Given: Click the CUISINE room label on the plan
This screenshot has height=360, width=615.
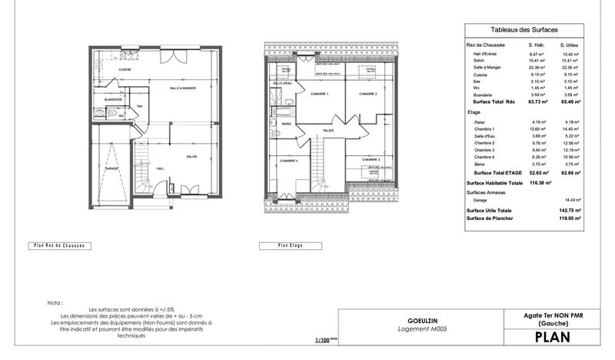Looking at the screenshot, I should (x=124, y=70).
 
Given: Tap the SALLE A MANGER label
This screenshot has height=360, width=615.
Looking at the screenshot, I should (x=183, y=89).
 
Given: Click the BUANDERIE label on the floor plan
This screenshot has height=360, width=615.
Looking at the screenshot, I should (x=114, y=100).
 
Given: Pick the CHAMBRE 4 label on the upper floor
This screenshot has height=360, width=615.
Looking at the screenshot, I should (x=288, y=161).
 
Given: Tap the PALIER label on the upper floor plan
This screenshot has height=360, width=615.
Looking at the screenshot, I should (x=328, y=132).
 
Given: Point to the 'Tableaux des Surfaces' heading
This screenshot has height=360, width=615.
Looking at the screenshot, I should (x=524, y=30).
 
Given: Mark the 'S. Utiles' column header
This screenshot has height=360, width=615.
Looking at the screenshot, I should (x=569, y=46).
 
